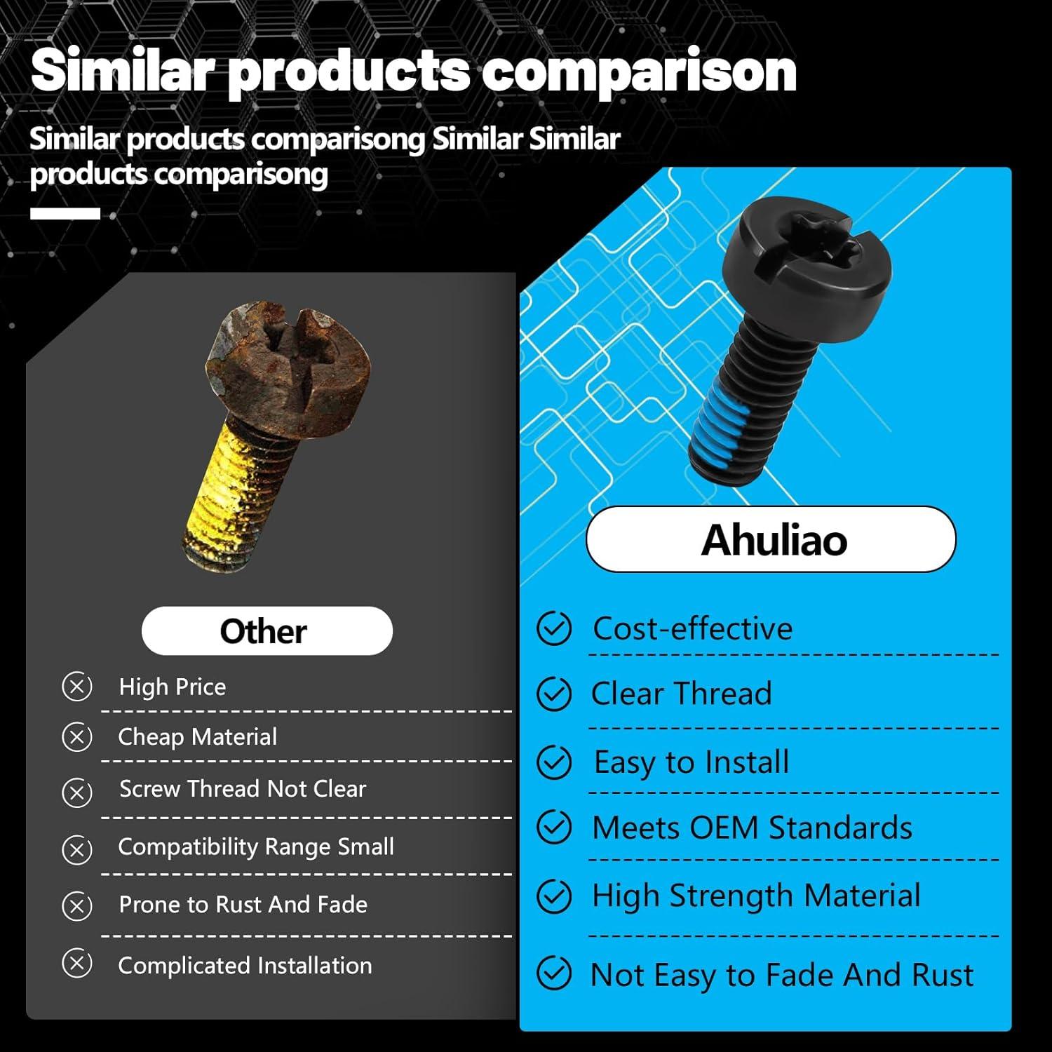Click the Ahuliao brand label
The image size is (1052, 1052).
[x=771, y=539]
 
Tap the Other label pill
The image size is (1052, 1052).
[x=267, y=631]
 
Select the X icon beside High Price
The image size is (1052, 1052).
[x=77, y=687]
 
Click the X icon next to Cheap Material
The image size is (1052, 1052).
[x=77, y=737]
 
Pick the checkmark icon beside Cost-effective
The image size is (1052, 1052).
[x=554, y=628]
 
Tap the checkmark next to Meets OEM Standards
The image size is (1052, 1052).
[x=554, y=828]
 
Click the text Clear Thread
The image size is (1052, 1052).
[x=681, y=694]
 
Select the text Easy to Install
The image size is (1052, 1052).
[x=692, y=762]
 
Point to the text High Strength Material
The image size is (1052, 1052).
[x=756, y=896]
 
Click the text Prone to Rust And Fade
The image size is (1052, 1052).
[x=243, y=905]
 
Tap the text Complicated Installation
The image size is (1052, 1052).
[x=245, y=966]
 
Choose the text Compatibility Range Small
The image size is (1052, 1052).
[x=256, y=847]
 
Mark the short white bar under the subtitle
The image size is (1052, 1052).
[x=65, y=214]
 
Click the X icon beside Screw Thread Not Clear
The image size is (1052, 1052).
[x=77, y=793]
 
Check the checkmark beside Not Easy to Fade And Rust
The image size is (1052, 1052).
[x=554, y=973]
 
